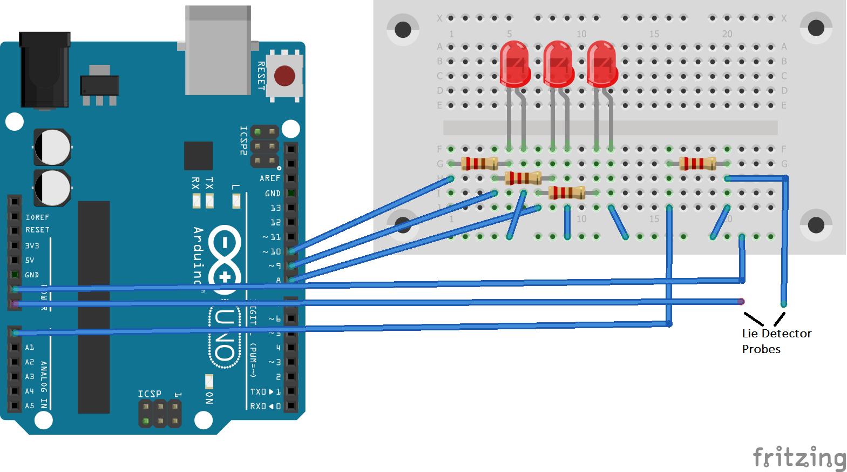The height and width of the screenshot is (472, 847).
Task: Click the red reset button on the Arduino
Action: (x=284, y=76)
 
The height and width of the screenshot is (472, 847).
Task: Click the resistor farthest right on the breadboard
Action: (x=697, y=163)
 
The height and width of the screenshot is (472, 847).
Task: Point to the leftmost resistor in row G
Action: (x=479, y=163)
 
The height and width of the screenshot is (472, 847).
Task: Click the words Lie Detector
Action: (x=776, y=334)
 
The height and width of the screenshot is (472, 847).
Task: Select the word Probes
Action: (x=761, y=349)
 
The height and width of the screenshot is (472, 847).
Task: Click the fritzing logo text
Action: (x=799, y=457)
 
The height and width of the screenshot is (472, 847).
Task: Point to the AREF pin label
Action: (x=270, y=178)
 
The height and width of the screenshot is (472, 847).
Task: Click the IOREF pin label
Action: (x=37, y=217)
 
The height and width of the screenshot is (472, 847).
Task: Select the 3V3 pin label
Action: (x=32, y=246)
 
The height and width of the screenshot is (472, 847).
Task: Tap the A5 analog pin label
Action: (x=30, y=405)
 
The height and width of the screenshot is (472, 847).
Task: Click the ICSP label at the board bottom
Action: (x=150, y=394)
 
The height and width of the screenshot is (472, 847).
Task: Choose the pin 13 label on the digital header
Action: (x=275, y=208)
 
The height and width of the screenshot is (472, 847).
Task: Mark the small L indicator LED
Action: (x=236, y=201)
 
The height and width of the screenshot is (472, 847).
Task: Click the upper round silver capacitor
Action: (x=52, y=147)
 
